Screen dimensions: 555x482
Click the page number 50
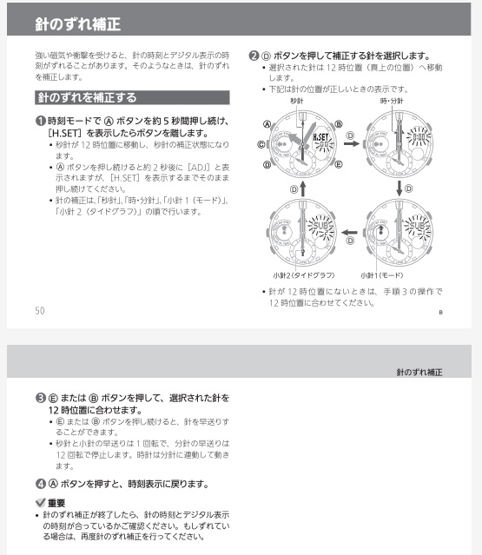point(40,310)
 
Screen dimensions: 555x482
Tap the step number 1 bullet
point(40,120)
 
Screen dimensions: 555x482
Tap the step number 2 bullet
point(254,55)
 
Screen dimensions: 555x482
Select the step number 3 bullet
point(40,398)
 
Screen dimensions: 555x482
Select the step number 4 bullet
point(40,483)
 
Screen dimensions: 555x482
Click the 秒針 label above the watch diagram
point(297,102)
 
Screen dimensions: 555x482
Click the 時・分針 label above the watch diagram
point(391,102)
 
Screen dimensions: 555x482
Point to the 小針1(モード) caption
point(380,274)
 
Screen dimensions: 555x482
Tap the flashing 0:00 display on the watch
point(418,137)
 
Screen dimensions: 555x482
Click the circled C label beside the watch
point(261,143)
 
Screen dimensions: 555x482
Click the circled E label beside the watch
point(339,162)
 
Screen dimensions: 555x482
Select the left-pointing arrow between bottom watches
point(351,232)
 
